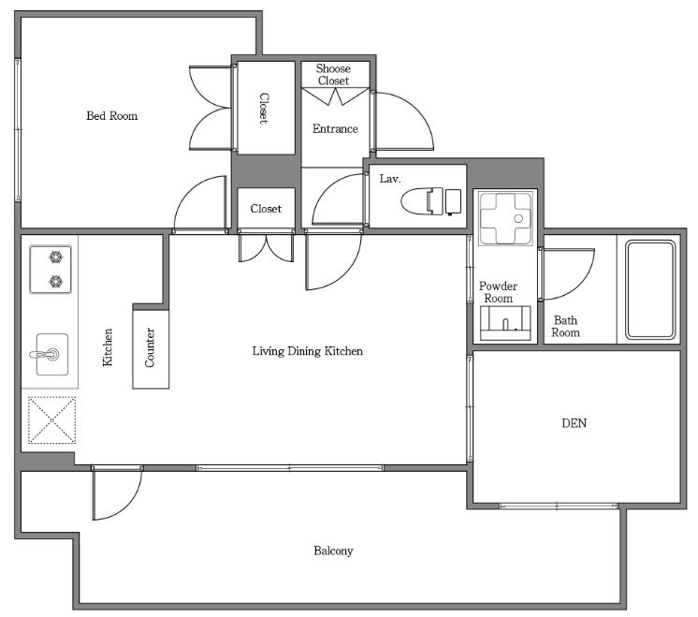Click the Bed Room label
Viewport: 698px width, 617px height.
pyautogui.click(x=111, y=116)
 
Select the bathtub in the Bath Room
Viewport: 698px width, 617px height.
pyautogui.click(x=650, y=289)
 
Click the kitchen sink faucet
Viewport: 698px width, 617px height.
pyautogui.click(x=46, y=355)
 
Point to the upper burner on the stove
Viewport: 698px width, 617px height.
pyautogui.click(x=55, y=257)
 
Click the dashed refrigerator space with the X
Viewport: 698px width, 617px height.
pyautogui.click(x=51, y=420)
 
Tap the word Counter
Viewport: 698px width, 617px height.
pyautogui.click(x=150, y=348)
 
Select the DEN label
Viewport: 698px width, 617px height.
pyautogui.click(x=574, y=423)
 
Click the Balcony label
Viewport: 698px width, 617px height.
pyautogui.click(x=333, y=551)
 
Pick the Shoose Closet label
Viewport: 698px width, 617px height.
pyautogui.click(x=333, y=74)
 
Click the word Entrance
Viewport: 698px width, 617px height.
pyautogui.click(x=335, y=129)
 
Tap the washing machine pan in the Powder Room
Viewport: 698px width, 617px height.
pyautogui.click(x=505, y=218)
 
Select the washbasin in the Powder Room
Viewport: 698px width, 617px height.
pyautogui.click(x=505, y=323)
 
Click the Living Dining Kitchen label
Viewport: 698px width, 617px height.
pyautogui.click(x=308, y=351)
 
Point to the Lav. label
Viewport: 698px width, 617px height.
pyautogui.click(x=390, y=179)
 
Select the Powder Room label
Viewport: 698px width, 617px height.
pyautogui.click(x=498, y=292)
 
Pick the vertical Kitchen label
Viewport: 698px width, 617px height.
pyautogui.click(x=108, y=347)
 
